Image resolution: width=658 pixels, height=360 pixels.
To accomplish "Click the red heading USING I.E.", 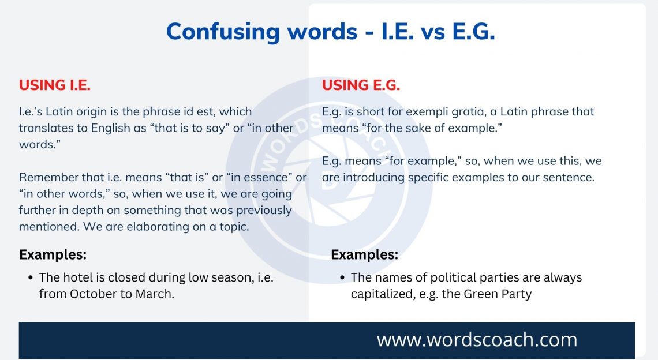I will (x=55, y=85).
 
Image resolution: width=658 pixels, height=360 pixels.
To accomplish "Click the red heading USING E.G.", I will (x=361, y=85).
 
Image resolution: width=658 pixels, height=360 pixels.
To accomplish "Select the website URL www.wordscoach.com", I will (x=477, y=340).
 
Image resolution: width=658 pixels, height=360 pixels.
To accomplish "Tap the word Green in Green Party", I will (x=476, y=294).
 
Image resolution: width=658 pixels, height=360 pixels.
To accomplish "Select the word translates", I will (x=46, y=128).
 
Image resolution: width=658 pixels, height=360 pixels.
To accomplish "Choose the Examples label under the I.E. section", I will (x=53, y=254).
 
